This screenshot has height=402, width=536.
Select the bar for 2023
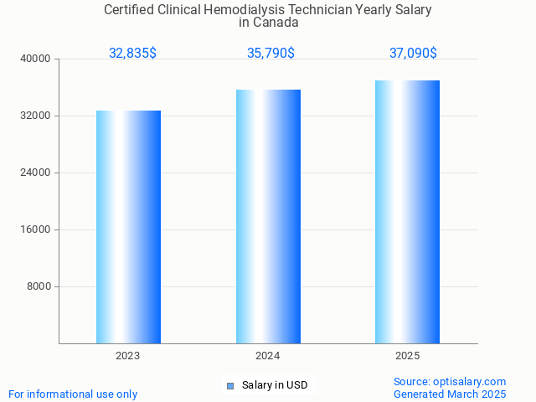pyautogui.click(x=128, y=227)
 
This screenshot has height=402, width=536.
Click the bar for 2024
pyautogui.click(x=268, y=216)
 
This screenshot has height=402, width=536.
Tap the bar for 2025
pyautogui.click(x=407, y=212)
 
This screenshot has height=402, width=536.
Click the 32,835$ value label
pyautogui.click(x=132, y=53)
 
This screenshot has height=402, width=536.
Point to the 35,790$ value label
pyautogui.click(x=271, y=53)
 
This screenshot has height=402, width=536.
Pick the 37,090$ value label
pyautogui.click(x=413, y=53)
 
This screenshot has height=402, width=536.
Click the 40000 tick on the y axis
pyautogui.click(x=37, y=59)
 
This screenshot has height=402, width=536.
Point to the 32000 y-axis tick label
pyautogui.click(x=37, y=116)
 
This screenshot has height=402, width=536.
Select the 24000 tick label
pyautogui.click(x=37, y=173)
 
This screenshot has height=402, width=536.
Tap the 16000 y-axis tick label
pyautogui.click(x=37, y=229)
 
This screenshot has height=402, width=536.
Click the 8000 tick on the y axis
pyautogui.click(x=39, y=286)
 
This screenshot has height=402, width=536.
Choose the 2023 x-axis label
pyautogui.click(x=128, y=356)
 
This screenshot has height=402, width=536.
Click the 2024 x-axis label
pyautogui.click(x=268, y=356)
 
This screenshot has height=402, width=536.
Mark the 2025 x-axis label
pyautogui.click(x=407, y=356)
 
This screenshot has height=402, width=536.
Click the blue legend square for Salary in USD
pyautogui.click(x=229, y=386)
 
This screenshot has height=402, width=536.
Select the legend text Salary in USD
pyautogui.click(x=275, y=385)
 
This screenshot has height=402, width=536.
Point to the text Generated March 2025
pyautogui.click(x=450, y=394)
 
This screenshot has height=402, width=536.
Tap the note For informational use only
pyautogui.click(x=73, y=394)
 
